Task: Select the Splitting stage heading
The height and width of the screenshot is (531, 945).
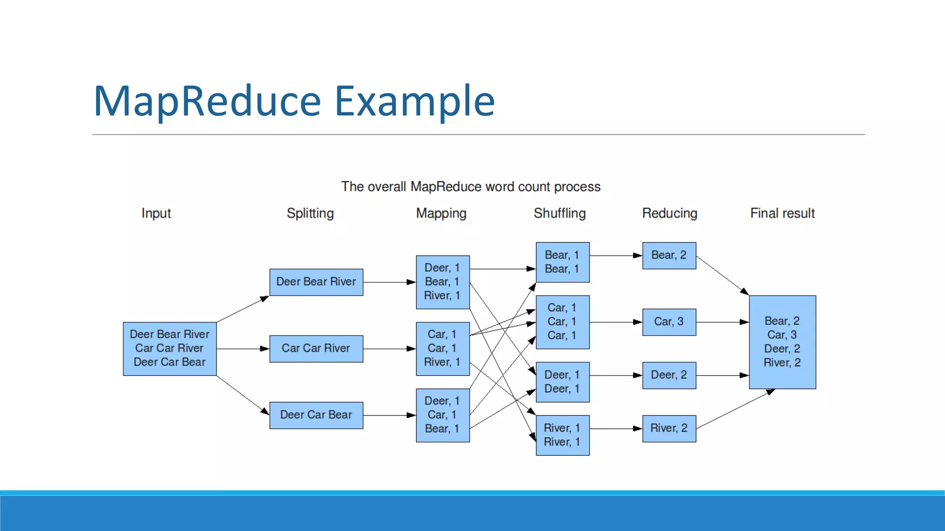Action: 310,213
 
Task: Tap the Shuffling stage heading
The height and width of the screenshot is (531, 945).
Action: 560,213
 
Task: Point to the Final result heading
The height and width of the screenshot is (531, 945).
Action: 782,213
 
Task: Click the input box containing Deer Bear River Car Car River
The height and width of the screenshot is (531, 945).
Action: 169,348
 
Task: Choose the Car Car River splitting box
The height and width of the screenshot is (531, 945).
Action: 316,348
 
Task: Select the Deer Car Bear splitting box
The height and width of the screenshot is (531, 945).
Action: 316,415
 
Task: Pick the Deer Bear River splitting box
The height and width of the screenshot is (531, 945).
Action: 316,282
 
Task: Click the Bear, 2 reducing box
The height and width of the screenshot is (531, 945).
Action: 669,255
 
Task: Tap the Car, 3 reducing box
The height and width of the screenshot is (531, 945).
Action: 669,322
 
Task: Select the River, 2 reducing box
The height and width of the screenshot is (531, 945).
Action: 669,428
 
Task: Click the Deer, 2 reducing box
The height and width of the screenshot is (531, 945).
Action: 669,375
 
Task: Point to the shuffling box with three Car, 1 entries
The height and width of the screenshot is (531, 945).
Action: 562,322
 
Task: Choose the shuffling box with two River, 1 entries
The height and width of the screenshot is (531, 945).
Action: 562,435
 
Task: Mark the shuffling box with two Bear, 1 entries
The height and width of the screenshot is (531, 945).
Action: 562,262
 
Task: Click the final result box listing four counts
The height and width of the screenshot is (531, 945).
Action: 782,342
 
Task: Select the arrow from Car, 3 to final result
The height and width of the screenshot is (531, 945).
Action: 722,322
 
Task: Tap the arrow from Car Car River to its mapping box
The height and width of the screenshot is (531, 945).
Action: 389,348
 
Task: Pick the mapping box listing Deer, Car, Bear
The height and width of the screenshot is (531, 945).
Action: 443,415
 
